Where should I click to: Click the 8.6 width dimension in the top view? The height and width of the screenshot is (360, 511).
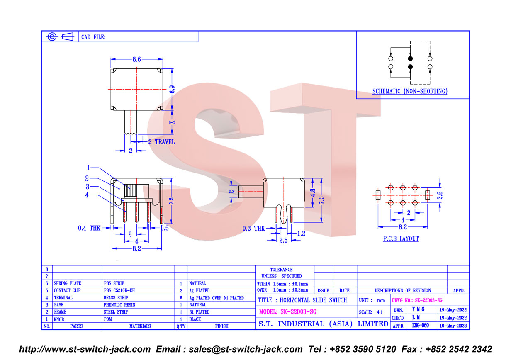pyautogui.click(x=136, y=60)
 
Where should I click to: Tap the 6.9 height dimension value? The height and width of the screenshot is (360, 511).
pyautogui.click(x=172, y=90)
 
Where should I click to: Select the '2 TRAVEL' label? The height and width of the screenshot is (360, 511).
pyautogui.click(x=161, y=142)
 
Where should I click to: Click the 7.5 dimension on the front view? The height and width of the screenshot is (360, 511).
pyautogui.click(x=171, y=201)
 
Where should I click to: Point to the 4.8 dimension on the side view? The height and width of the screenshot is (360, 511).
pyautogui.click(x=313, y=193)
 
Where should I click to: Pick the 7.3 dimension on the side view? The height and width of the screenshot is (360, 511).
pyautogui.click(x=321, y=200)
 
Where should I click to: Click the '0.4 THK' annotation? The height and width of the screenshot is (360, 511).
pyautogui.click(x=89, y=228)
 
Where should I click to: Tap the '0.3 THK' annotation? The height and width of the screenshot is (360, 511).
pyautogui.click(x=253, y=229)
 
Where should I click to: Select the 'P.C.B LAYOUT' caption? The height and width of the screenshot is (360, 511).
pyautogui.click(x=401, y=238)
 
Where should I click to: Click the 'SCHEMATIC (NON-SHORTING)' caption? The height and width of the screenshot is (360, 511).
pyautogui.click(x=410, y=91)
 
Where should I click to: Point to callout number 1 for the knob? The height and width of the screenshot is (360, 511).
pyautogui.click(x=88, y=168)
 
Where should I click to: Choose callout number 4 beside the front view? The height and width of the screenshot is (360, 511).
pyautogui.click(x=87, y=195)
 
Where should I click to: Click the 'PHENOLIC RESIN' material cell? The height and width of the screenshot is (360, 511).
pyautogui.click(x=119, y=305)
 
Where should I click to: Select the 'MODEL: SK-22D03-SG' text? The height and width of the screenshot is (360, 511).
pyautogui.click(x=288, y=312)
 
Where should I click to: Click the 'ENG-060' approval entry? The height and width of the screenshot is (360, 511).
pyautogui.click(x=420, y=325)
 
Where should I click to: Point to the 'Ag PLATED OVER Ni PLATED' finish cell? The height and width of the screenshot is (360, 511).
pyautogui.click(x=216, y=298)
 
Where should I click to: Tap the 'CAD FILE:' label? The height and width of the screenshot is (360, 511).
pyautogui.click(x=93, y=37)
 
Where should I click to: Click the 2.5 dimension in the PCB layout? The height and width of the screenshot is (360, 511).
pyautogui.click(x=440, y=195)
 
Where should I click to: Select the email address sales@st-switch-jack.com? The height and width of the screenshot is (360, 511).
pyautogui.click(x=246, y=349)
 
